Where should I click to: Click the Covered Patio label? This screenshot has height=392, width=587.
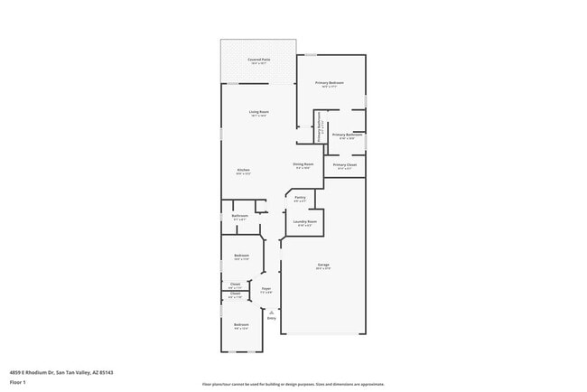tap(258, 61)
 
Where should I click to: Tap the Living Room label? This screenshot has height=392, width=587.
tap(259, 114)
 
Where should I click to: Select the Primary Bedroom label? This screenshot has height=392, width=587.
tap(331, 84)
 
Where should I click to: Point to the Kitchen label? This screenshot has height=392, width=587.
tap(243, 172)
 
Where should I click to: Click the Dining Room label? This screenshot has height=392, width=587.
tap(303, 165)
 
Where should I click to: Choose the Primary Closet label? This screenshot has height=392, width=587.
tap(345, 166)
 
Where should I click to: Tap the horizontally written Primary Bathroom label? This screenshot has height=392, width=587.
tap(347, 136)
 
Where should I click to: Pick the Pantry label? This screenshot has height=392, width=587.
tap(300, 198)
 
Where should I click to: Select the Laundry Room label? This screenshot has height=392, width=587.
tap(304, 222)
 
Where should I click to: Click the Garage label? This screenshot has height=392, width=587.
tap(322, 266)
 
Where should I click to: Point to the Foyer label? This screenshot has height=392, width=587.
tap(266, 291)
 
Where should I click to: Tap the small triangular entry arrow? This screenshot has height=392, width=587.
tap(271, 312)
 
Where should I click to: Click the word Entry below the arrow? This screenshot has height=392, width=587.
tap(271, 318)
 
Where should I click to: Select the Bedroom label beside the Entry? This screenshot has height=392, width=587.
tap(241, 325)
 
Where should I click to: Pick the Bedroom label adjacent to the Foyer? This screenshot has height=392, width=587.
tap(241, 257)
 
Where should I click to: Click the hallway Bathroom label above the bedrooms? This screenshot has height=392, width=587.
tap(240, 217)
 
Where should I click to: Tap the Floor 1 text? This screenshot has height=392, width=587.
tap(18, 382)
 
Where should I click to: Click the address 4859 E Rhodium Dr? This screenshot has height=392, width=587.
tap(61, 371)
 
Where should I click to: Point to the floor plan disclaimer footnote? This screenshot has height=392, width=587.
tap(293, 384)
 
